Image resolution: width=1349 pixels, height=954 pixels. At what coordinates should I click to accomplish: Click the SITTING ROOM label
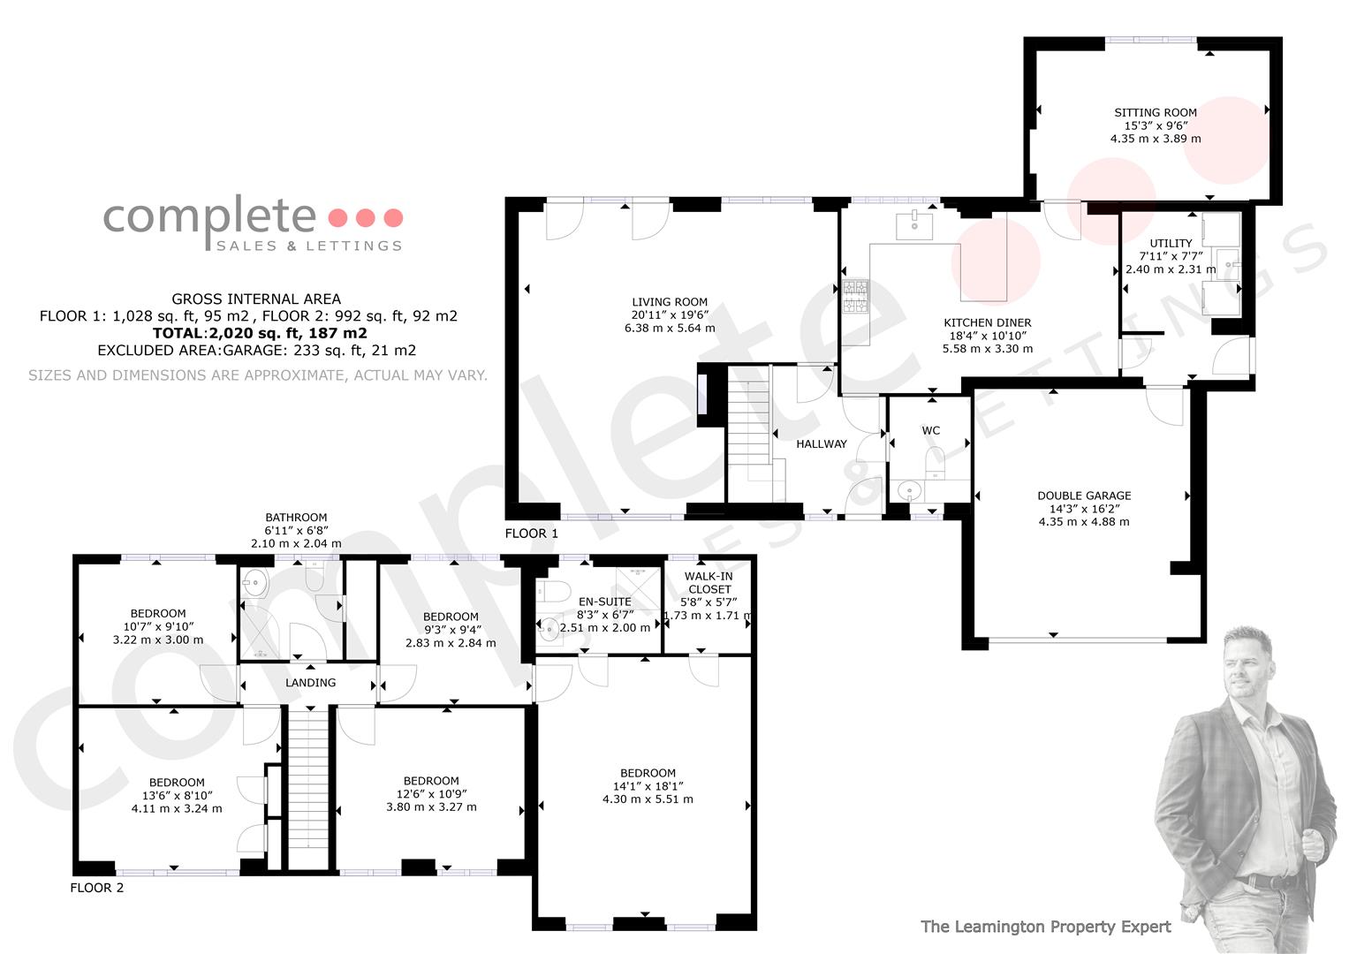[1155, 113]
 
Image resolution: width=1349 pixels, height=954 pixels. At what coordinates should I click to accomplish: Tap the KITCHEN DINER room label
[987, 322]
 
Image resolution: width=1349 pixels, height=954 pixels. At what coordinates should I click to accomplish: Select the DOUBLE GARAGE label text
[1084, 496]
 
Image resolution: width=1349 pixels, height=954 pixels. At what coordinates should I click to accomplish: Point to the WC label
[930, 431]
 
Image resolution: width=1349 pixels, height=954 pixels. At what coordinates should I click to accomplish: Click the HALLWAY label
[822, 443]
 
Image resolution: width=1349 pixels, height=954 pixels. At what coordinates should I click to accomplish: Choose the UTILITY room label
[1171, 243]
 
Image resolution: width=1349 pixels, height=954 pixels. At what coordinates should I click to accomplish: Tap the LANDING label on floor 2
[311, 682]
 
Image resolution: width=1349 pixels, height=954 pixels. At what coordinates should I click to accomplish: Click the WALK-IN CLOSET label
[709, 583]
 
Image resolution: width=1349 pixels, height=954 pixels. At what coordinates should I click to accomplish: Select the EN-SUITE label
[604, 602]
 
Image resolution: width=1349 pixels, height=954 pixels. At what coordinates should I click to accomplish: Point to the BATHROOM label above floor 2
[296, 518]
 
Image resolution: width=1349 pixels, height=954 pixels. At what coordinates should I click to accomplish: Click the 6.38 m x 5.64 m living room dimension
[670, 329]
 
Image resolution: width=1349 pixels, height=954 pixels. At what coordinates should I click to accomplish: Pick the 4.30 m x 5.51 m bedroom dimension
[648, 799]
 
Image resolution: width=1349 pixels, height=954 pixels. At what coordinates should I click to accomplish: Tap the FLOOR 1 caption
[531, 534]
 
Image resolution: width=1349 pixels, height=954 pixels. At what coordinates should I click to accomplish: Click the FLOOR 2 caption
[97, 888]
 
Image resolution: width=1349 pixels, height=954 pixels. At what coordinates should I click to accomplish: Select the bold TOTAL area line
[260, 333]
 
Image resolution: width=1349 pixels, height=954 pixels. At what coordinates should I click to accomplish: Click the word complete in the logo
[209, 216]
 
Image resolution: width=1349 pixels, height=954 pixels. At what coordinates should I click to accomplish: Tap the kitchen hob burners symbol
[856, 296]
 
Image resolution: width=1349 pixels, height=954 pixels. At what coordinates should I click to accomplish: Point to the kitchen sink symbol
[914, 225]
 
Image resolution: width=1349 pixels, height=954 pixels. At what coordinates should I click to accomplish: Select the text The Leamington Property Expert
[1046, 927]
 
